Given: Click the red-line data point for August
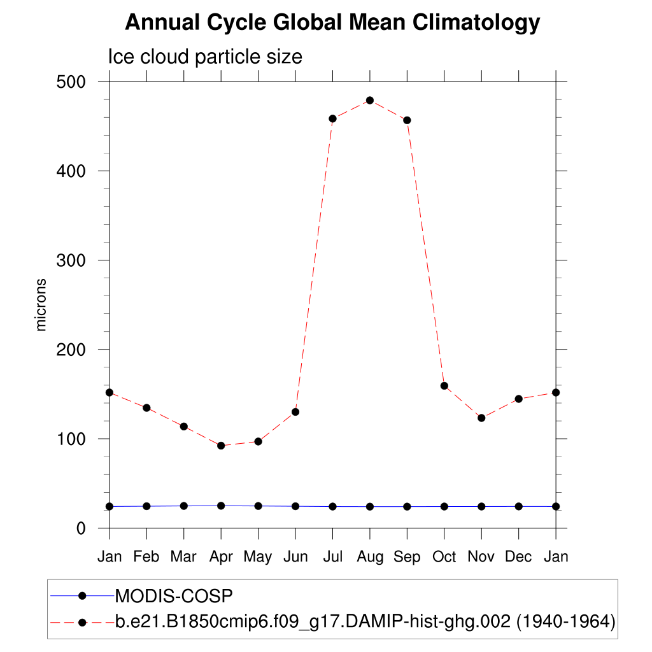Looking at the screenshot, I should click(370, 101).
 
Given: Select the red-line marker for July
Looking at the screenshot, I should click(332, 118).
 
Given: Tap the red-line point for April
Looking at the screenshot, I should click(221, 446).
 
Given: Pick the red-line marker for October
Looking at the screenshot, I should click(444, 386).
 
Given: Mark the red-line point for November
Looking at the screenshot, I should click(481, 418).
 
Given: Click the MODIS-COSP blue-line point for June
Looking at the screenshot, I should click(295, 506).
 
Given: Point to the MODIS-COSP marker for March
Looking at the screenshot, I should click(184, 506).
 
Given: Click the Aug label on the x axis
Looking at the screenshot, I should click(370, 558).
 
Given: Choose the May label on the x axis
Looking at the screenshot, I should click(258, 558).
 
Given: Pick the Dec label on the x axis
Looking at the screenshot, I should click(518, 557).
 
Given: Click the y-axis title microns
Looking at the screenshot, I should click(41, 304).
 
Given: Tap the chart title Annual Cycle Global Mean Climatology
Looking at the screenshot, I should click(332, 23).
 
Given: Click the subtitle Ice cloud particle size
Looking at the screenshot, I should click(205, 57).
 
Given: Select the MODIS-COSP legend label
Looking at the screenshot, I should click(174, 596).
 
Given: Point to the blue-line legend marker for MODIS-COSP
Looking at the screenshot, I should click(82, 595).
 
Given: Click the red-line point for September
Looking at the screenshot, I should click(407, 120).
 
